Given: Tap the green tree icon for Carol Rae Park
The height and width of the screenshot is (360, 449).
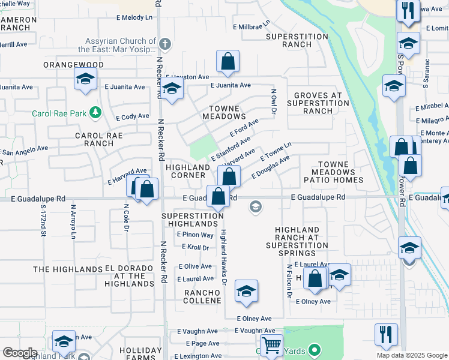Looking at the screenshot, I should point(94,112).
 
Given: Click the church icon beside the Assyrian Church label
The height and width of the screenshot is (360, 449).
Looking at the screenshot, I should point(164,43).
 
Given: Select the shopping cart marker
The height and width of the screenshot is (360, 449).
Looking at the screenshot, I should point(271,346).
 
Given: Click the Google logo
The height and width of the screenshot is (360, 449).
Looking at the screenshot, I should point(20,353).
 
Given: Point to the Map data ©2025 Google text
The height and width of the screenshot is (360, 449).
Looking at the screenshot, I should point(412,355).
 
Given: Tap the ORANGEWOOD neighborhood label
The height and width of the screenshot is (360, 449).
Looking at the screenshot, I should point(73,65).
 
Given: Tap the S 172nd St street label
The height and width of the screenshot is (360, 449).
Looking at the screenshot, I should point(43,221).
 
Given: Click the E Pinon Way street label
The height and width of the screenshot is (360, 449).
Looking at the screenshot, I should point(194,235).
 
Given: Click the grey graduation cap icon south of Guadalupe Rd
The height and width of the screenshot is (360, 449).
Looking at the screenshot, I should point(255,207).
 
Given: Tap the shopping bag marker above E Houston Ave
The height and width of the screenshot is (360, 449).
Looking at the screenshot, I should point(228,61).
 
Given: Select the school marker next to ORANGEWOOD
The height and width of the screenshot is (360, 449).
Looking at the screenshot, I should point(85,79).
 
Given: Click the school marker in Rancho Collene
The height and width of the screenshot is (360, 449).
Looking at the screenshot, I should point(246,292).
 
